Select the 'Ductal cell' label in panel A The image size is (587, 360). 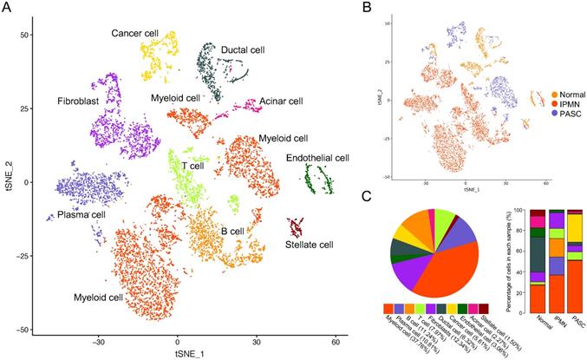(x=245, y=50)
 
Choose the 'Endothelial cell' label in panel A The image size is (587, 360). (x=317, y=158)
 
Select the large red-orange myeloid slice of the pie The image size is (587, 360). (x=451, y=269)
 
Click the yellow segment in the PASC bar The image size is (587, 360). (x=575, y=228)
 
